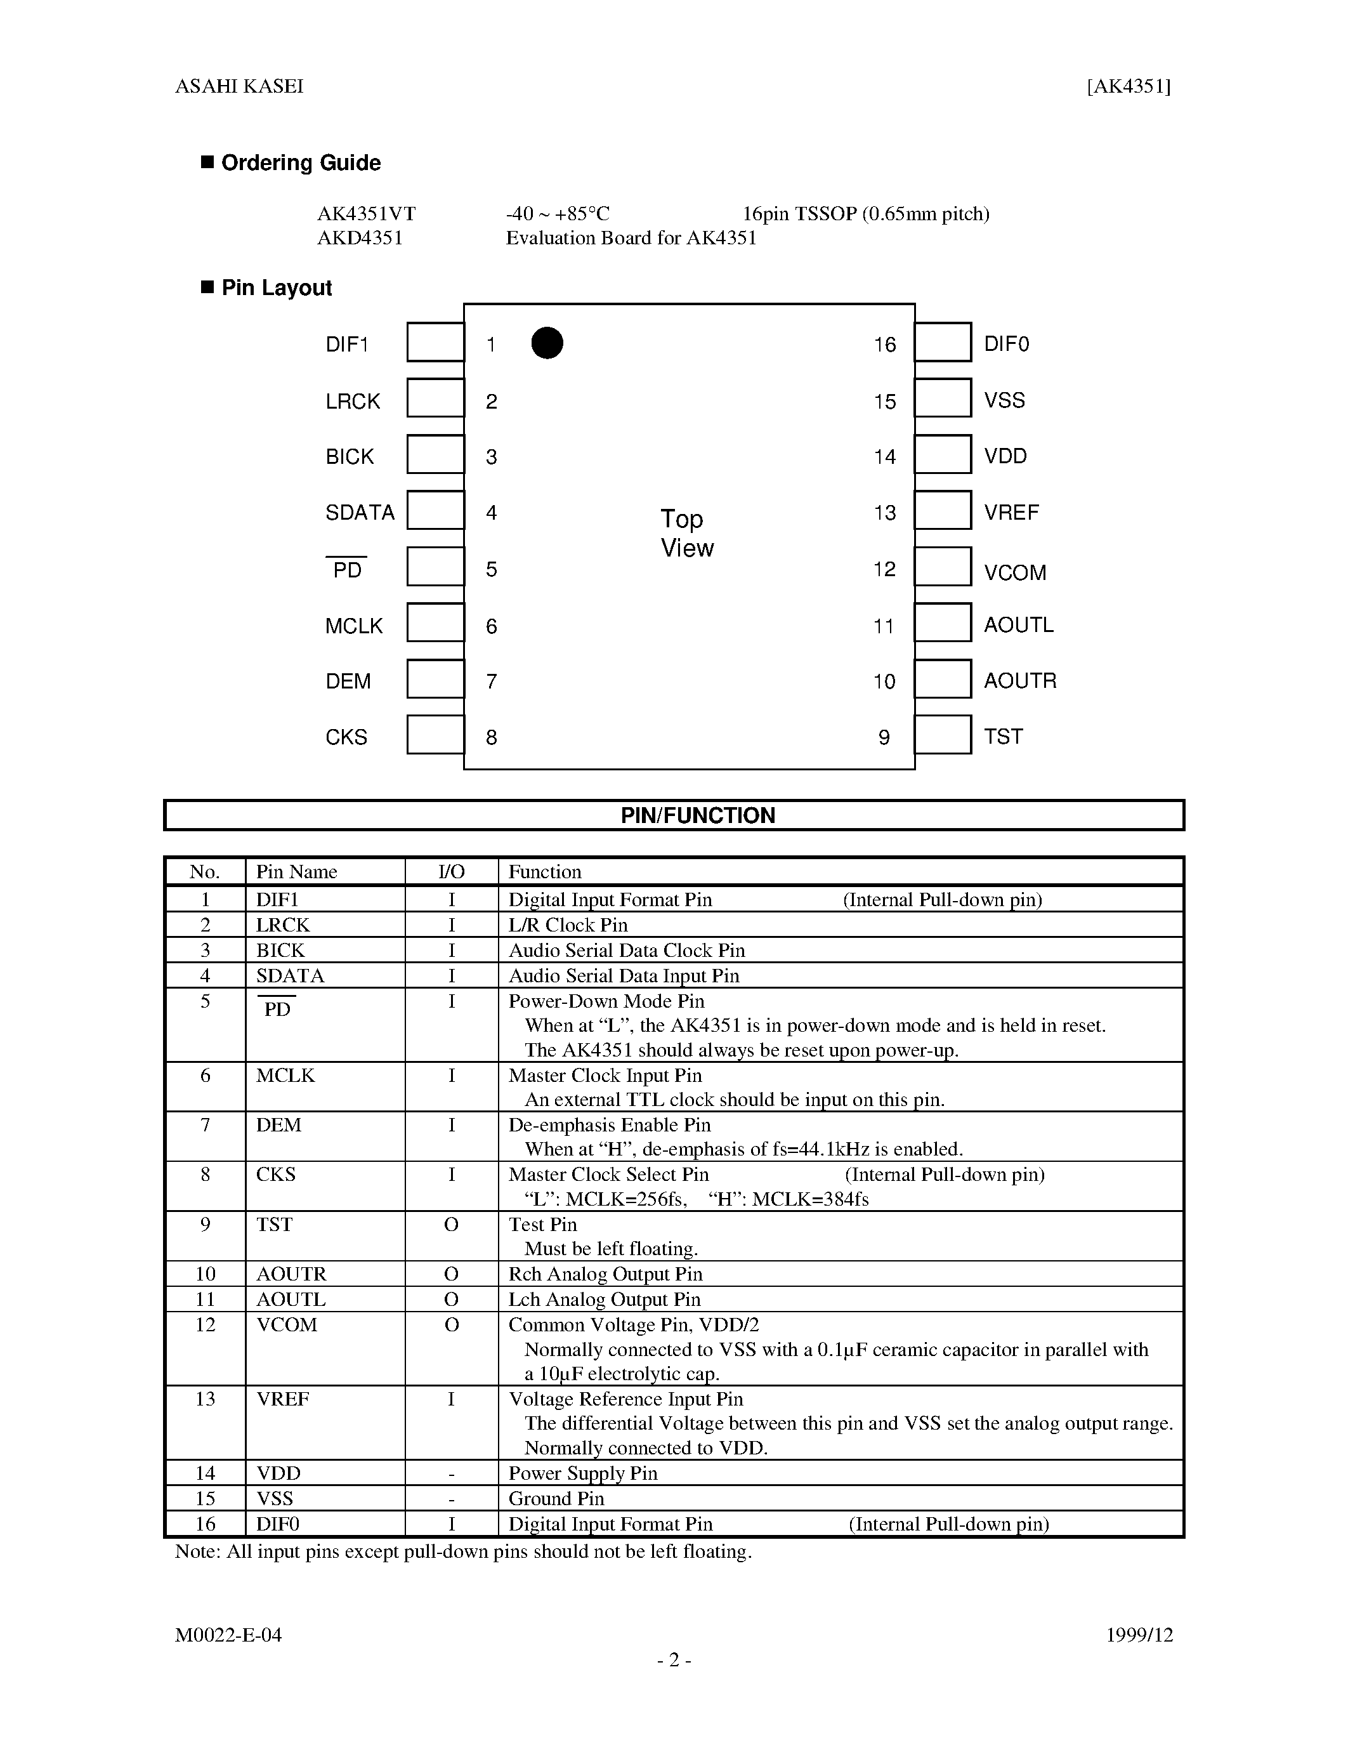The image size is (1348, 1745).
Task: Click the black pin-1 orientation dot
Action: point(547,343)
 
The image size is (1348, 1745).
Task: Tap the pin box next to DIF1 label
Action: point(435,342)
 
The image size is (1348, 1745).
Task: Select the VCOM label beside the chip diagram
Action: point(1015,573)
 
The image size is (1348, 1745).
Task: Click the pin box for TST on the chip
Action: point(943,735)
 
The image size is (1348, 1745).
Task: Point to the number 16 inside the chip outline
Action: point(885,345)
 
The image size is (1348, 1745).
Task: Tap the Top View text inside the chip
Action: point(687,534)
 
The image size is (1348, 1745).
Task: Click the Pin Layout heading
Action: point(277,287)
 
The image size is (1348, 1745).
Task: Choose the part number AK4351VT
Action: point(367,214)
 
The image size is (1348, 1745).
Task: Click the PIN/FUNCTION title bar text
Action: point(698,816)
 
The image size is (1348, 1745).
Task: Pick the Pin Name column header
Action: point(296,872)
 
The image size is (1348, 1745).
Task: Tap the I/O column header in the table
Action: point(451,872)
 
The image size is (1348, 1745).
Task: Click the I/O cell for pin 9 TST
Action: point(451,1224)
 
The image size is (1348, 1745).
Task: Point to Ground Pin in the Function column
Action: point(556,1498)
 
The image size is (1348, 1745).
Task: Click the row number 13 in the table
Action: point(206,1399)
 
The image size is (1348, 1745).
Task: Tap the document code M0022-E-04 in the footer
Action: point(228,1635)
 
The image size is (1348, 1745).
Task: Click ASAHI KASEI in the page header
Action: point(240,86)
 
